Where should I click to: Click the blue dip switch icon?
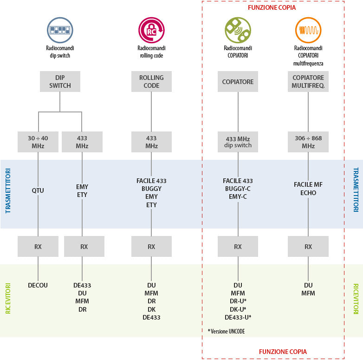[60, 30]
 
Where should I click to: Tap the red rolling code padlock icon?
[151, 30]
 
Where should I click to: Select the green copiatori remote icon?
[238, 30]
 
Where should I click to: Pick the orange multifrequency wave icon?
[308, 30]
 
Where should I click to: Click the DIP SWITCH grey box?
[60, 82]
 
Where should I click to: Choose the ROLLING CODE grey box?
[151, 82]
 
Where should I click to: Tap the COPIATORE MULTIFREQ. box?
[308, 82]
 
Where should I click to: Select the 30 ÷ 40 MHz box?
[38, 142]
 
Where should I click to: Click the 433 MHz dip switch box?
[238, 142]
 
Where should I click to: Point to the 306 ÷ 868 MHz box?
[308, 142]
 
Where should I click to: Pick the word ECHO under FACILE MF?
[308, 193]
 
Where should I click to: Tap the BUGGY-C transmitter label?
[238, 189]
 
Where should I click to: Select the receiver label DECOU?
[38, 285]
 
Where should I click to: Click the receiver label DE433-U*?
[238, 317]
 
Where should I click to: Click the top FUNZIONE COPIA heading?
[272, 8]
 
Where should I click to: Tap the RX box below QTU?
[38, 247]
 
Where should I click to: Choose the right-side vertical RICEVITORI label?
[356, 299]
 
